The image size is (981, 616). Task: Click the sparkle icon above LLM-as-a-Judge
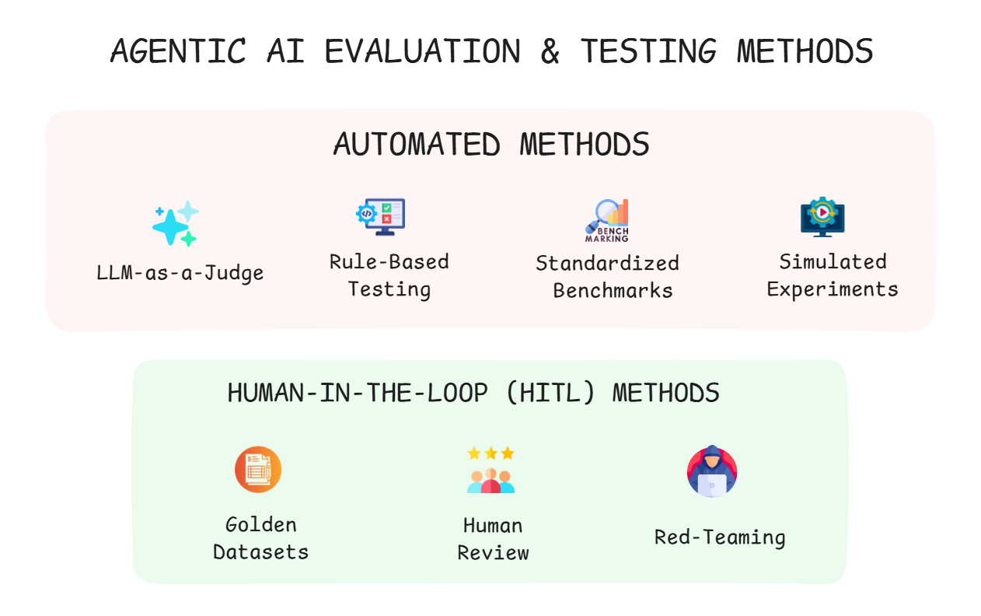[175, 224]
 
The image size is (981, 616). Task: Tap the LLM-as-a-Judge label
[180, 273]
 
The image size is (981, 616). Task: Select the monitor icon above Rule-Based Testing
[381, 216]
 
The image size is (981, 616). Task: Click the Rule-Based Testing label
[389, 275]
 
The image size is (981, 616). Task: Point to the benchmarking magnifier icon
[607, 221]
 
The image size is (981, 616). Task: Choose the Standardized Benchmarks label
[608, 277]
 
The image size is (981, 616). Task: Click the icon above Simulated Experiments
[822, 218]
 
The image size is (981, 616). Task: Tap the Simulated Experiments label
[833, 275]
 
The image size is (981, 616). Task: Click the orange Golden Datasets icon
[258, 469]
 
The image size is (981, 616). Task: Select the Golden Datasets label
[261, 538]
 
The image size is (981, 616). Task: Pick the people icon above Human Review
[491, 479]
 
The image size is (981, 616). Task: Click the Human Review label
[493, 539]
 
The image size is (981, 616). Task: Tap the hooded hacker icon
[712, 471]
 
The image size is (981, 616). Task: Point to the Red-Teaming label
[720, 537]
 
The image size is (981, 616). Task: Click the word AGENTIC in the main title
[179, 51]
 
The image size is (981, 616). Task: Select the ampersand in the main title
[550, 51]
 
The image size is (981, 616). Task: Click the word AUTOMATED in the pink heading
[417, 145]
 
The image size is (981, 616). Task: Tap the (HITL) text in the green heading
[550, 393]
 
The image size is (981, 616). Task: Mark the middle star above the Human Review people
[490, 453]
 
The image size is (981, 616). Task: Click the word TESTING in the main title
[648, 51]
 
